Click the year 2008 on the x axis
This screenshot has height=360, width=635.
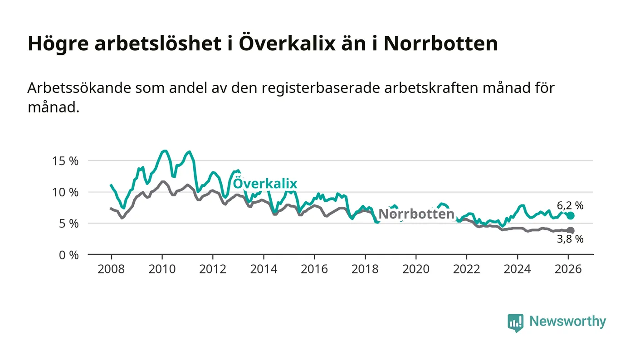coord(111,268)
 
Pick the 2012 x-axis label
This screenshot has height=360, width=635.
coord(213,268)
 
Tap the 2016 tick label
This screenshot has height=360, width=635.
coord(314,268)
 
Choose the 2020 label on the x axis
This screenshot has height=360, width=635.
coord(416,268)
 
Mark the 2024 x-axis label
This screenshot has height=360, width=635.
coord(518,268)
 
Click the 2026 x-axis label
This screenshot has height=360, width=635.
coord(568,268)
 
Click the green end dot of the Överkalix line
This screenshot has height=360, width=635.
coord(571,215)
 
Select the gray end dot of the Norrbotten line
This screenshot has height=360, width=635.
coord(571,230)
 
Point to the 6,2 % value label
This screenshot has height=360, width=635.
coord(570,205)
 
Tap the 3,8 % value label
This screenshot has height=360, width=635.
coord(570,239)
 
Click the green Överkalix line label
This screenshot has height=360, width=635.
coord(265,184)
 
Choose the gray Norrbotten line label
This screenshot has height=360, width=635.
coord(416,214)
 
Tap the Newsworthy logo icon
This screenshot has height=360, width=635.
coord(515,322)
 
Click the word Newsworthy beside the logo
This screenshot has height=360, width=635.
coord(567,321)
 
